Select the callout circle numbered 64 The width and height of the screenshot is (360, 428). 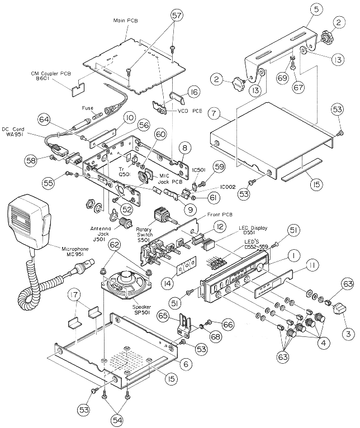click(44, 119)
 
